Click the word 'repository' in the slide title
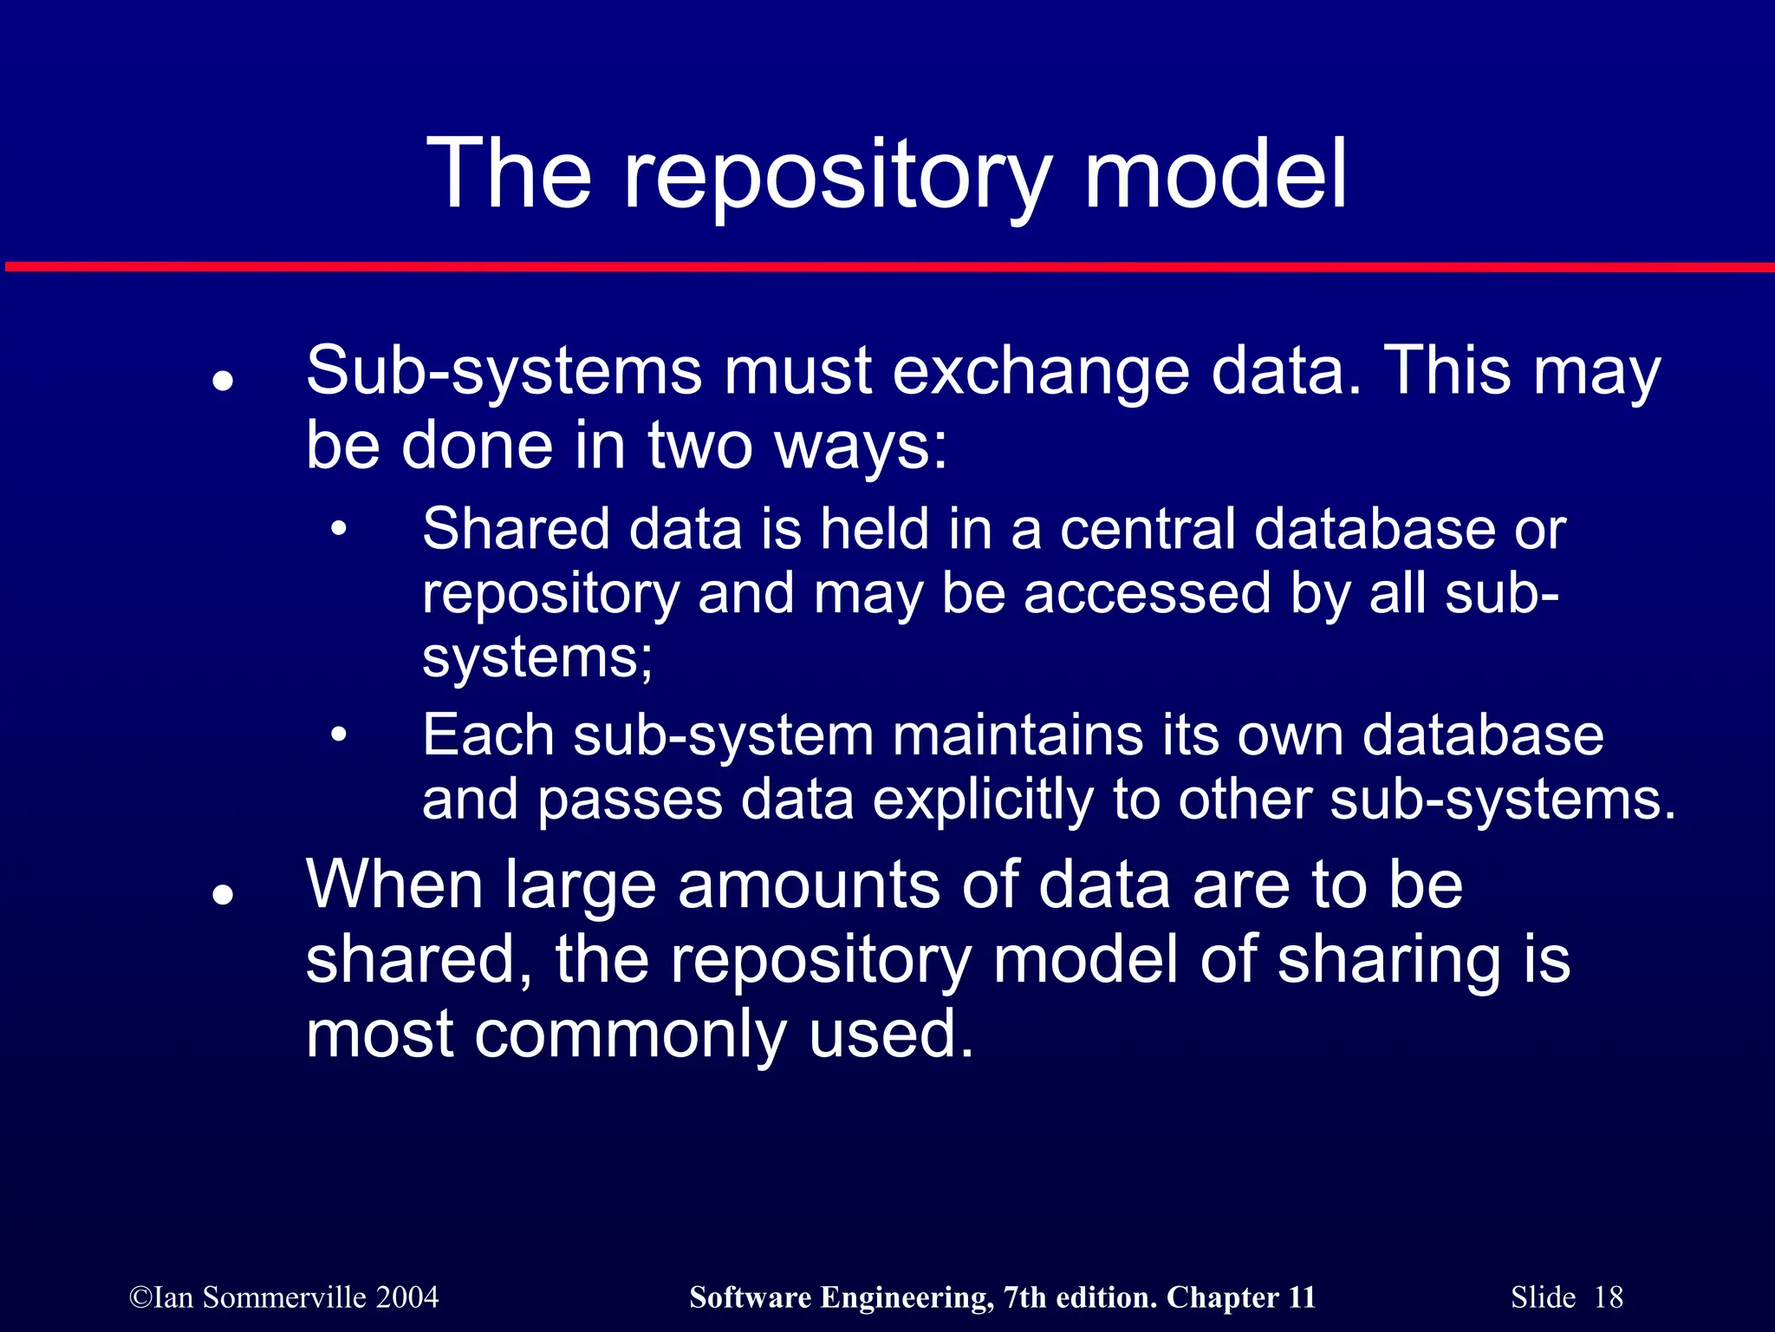tap(836, 178)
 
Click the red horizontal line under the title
tap(887, 266)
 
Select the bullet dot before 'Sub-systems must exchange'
tap(224, 381)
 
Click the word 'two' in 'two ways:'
tap(700, 447)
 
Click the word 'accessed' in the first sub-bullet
tap(1147, 594)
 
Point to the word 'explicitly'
tap(983, 800)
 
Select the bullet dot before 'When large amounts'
tap(224, 894)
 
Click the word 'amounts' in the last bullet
tap(808, 885)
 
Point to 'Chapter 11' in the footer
tap(1241, 1297)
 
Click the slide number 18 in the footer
tap(1608, 1297)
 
